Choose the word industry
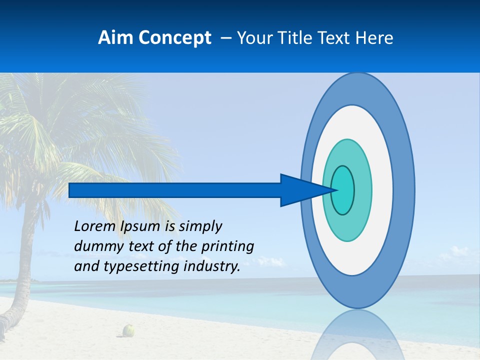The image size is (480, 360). coord(212,266)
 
